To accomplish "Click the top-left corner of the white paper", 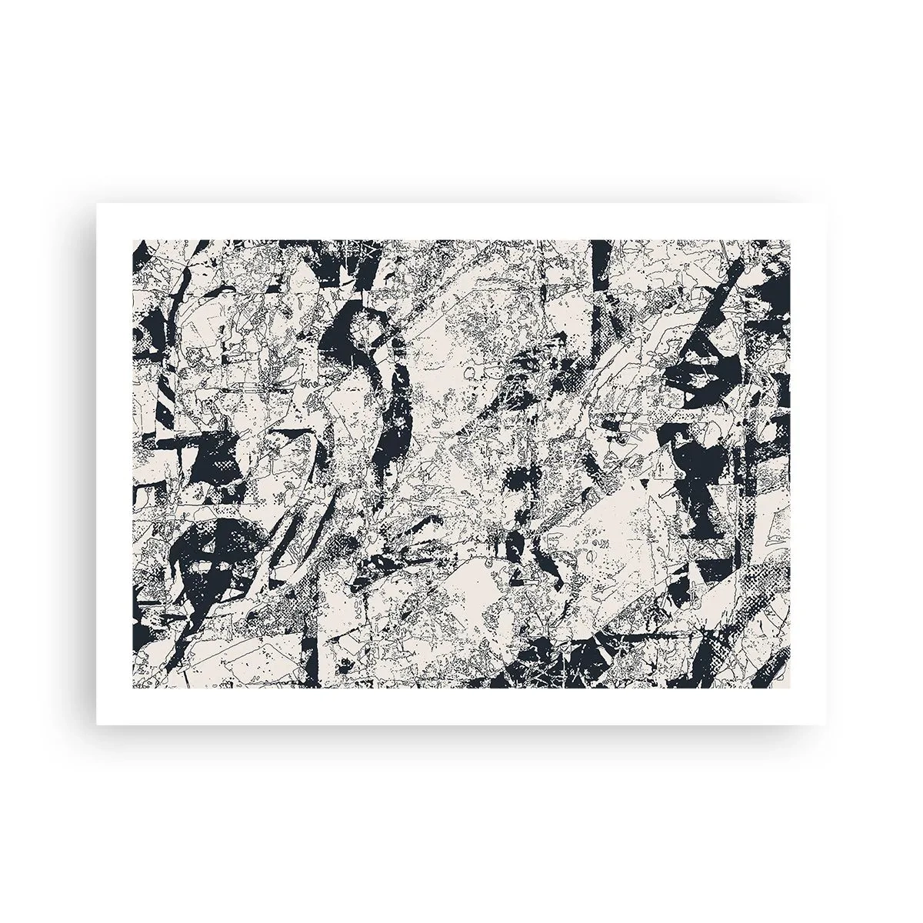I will [x=96, y=203].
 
